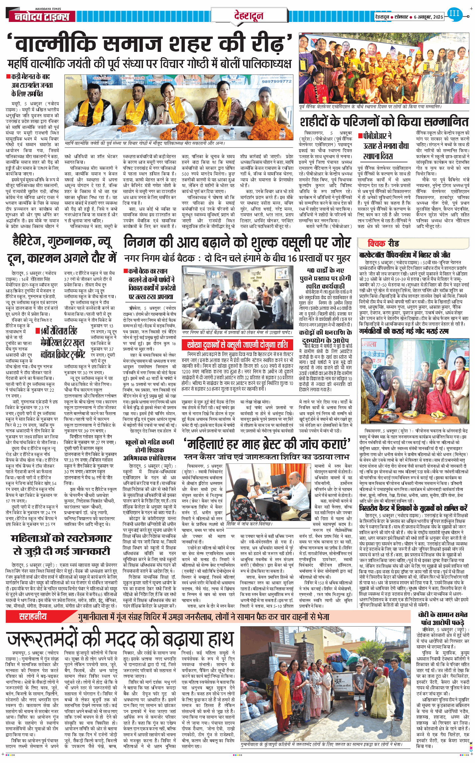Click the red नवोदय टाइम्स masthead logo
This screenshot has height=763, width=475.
point(42,16)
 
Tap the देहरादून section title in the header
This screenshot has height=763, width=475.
point(249,15)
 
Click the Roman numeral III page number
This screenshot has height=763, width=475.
point(454,14)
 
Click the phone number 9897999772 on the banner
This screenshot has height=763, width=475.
point(277,81)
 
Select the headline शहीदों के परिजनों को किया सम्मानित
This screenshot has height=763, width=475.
point(384,122)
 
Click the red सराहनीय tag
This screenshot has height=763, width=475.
point(33,617)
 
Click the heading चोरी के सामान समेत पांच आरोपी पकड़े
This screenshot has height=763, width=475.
point(443,618)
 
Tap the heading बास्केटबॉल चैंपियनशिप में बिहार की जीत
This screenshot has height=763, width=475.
point(405,255)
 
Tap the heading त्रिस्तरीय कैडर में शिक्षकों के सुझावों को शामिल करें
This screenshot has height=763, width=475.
point(413,508)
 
